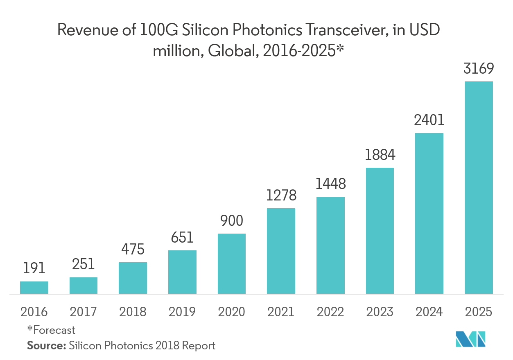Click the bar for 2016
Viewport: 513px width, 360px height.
(34, 288)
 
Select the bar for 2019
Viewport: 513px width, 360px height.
(182, 272)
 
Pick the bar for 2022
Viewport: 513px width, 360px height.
(330, 245)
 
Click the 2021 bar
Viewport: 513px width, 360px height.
(281, 251)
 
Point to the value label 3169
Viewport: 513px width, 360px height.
(479, 68)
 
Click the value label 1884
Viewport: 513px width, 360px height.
(380, 155)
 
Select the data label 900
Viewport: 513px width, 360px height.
(231, 221)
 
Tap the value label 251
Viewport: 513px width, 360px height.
(84, 264)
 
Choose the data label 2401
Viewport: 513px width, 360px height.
(429, 120)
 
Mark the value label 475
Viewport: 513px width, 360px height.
(133, 249)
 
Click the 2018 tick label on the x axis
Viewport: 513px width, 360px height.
(133, 312)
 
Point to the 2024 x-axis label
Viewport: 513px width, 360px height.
(429, 312)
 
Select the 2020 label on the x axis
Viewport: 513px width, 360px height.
(231, 312)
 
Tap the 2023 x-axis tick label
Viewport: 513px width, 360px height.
(380, 312)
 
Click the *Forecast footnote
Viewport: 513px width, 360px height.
(51, 330)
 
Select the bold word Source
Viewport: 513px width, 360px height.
(46, 345)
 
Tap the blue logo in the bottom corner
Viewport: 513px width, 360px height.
(471, 339)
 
